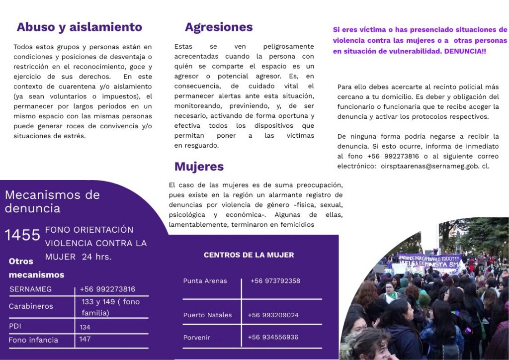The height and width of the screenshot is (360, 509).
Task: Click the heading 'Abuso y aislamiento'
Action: tap(79, 27)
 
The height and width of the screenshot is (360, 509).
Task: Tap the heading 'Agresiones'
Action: tap(219, 27)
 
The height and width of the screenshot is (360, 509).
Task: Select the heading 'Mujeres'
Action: tap(199, 166)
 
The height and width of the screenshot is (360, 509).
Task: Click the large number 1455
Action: tap(22, 235)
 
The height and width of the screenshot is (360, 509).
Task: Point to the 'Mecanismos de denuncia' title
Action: tap(52, 201)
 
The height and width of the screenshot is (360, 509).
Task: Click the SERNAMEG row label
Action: tap(30, 289)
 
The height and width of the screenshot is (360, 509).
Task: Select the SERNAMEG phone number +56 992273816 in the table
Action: tap(107, 289)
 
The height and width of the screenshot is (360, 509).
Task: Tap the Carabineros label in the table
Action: tap(31, 306)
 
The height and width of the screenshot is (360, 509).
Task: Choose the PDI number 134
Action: tap(85, 327)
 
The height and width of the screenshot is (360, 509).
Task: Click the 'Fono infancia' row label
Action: tap(33, 340)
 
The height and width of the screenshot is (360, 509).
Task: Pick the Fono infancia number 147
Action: tap(85, 339)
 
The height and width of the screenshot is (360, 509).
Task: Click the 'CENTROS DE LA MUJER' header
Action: tap(249, 255)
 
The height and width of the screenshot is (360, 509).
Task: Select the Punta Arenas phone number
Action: tap(275, 281)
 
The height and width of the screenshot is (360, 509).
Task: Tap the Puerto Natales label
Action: tap(207, 315)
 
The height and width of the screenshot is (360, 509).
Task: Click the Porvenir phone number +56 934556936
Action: tap(273, 337)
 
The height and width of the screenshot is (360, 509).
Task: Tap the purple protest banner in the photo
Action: tap(430, 261)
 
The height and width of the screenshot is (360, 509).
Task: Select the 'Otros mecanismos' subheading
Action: tap(36, 268)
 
